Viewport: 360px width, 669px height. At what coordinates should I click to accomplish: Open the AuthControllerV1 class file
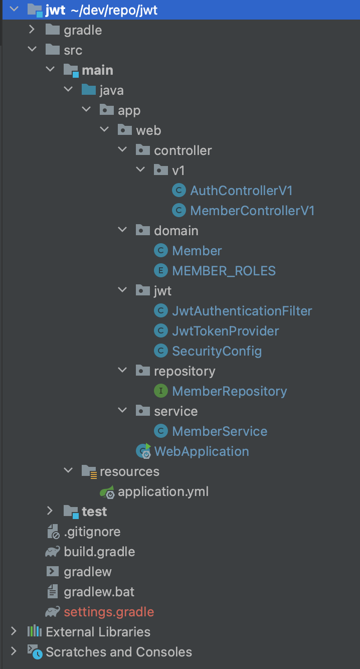(x=241, y=191)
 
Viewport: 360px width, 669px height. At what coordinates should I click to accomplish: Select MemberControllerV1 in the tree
(x=252, y=211)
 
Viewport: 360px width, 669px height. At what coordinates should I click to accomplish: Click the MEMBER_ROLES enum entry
(x=224, y=271)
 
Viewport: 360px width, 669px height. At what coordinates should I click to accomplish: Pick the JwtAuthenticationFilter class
(x=242, y=311)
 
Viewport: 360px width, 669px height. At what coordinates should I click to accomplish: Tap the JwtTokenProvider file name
(x=225, y=331)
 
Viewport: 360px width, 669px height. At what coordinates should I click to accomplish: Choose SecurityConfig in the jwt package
(x=217, y=351)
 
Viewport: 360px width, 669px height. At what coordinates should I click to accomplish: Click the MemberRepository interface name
(x=229, y=391)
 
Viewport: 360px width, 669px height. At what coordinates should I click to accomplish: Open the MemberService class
(x=220, y=431)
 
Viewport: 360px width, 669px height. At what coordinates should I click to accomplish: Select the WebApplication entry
(x=201, y=451)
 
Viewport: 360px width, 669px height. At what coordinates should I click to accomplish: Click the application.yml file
(x=163, y=491)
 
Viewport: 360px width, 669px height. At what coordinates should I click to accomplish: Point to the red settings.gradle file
(x=109, y=612)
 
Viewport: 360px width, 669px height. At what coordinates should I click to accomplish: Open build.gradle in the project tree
(x=99, y=552)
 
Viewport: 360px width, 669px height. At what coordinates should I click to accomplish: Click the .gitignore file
(x=92, y=532)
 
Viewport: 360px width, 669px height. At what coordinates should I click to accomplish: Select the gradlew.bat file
(x=99, y=592)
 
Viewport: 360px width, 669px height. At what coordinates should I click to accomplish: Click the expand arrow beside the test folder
(x=50, y=511)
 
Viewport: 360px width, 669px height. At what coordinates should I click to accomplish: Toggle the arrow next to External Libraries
(x=14, y=631)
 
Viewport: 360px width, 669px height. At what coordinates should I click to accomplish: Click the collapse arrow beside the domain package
(x=122, y=231)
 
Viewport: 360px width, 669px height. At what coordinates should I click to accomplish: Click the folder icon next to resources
(x=89, y=471)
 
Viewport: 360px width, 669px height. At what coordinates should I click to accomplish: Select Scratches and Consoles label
(x=118, y=652)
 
